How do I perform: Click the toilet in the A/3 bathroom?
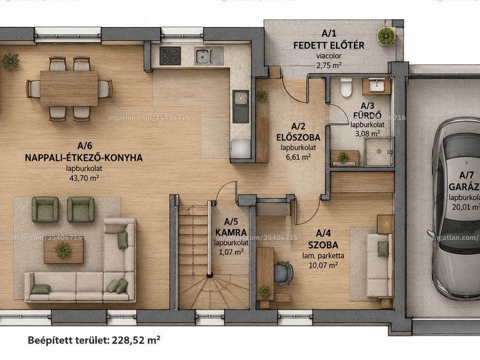tap(346, 88)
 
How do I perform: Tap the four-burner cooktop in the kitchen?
tap(170, 56)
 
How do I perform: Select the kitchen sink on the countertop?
tap(209, 56)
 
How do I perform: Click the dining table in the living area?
tap(69, 88)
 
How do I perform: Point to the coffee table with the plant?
tap(64, 250)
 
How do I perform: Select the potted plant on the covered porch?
tap(386, 36)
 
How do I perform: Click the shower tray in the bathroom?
tap(379, 152)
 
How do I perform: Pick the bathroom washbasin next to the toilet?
tap(376, 86)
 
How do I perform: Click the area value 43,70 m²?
tap(84, 178)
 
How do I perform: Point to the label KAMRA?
tap(231, 232)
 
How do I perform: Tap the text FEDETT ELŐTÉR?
tap(329, 46)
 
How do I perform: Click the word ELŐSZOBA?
tap(298, 137)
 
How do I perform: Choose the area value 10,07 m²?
tap(323, 265)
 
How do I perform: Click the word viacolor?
tap(329, 56)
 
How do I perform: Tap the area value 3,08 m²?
tap(368, 133)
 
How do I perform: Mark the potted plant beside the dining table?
tap(11, 62)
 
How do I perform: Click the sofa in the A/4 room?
tap(380, 265)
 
